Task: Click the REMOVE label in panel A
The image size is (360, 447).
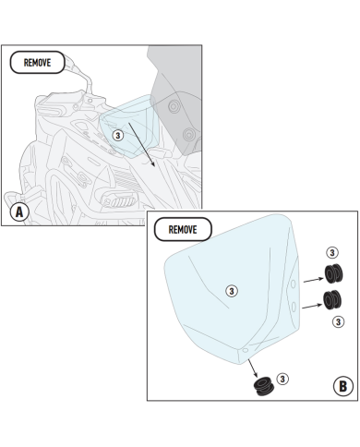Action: pyautogui.click(x=37, y=63)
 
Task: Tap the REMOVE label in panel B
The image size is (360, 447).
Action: pyautogui.click(x=183, y=229)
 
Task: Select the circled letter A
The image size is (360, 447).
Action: pyautogui.click(x=19, y=212)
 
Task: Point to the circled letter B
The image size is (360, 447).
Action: pyautogui.click(x=343, y=386)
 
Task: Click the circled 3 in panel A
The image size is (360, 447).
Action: pyautogui.click(x=118, y=135)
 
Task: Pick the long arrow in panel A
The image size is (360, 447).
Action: pyautogui.click(x=141, y=145)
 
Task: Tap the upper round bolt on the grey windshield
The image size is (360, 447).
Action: pyautogui.click(x=174, y=106)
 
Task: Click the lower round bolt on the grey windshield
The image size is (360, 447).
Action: pyautogui.click(x=188, y=135)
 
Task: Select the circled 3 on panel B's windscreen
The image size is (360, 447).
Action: pyautogui.click(x=232, y=291)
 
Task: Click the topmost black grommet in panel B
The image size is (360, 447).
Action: pyautogui.click(x=333, y=273)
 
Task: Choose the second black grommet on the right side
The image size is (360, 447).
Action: pyautogui.click(x=332, y=299)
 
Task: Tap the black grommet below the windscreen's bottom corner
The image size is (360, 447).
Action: pyautogui.click(x=263, y=386)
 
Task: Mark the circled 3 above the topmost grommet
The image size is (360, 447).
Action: pyautogui.click(x=332, y=253)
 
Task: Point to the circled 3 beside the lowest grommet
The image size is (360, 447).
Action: pyautogui.click(x=282, y=379)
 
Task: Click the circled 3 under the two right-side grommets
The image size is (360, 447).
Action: pyautogui.click(x=338, y=322)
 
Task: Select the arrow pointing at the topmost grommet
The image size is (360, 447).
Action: pyautogui.click(x=314, y=280)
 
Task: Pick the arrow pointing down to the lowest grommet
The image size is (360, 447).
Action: pyautogui.click(x=253, y=368)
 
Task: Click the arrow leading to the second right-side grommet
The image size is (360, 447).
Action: pyautogui.click(x=312, y=306)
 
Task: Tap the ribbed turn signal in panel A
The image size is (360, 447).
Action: pyautogui.click(x=120, y=201)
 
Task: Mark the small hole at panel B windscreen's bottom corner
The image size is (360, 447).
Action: pyautogui.click(x=246, y=350)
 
